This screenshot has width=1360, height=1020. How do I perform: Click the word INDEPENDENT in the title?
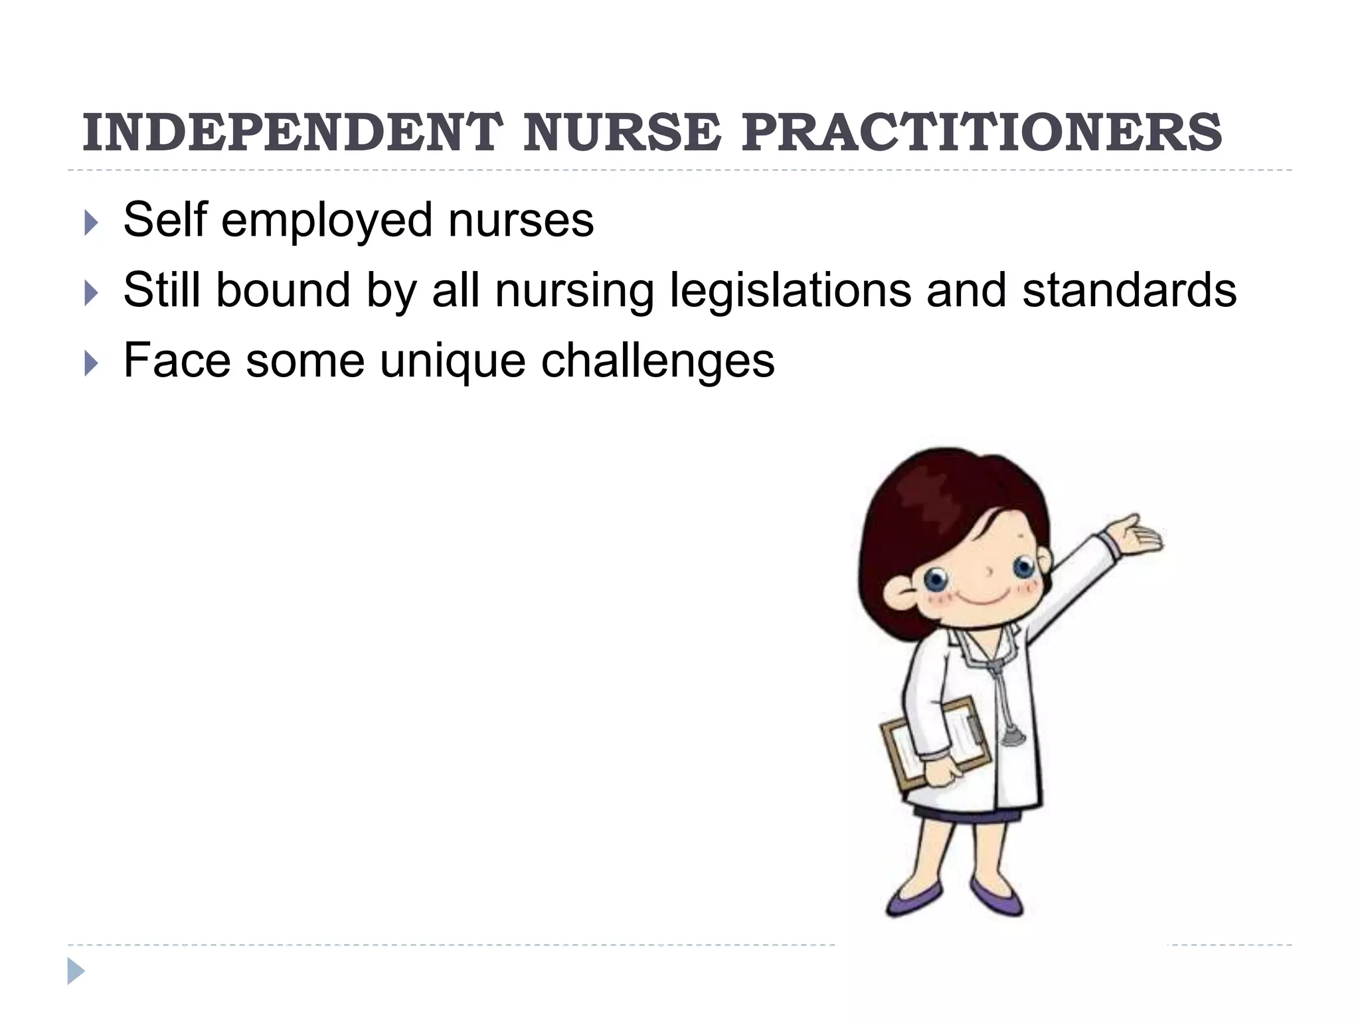(x=292, y=133)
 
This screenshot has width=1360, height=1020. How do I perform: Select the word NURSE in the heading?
(x=622, y=133)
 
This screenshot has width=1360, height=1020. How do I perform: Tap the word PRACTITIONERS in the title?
(x=981, y=133)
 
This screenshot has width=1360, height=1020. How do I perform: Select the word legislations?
(x=790, y=291)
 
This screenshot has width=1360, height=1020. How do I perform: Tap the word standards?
(x=1129, y=291)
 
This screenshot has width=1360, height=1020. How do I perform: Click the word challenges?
(x=657, y=362)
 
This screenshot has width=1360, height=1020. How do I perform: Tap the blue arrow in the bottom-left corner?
(x=76, y=971)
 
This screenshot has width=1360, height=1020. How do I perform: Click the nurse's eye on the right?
(x=1023, y=568)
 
